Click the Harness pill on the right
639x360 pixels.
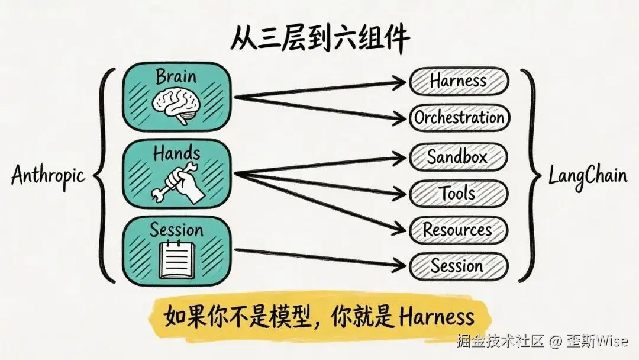point(459,81)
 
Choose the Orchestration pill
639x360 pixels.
point(459,117)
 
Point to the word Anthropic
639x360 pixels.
point(49,176)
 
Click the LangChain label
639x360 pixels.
point(587,176)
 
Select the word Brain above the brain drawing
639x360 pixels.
point(176,76)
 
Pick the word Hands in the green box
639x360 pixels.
point(176,154)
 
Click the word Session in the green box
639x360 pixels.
point(176,230)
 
